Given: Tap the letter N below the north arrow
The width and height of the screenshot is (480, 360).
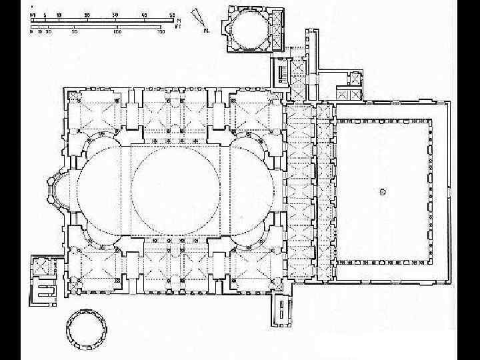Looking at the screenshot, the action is click(x=207, y=31).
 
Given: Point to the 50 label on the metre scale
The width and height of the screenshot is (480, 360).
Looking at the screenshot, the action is click(x=172, y=14).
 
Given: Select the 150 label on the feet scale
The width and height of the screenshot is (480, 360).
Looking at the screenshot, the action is click(x=161, y=31).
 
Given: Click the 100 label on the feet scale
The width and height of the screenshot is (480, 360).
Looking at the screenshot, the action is click(x=117, y=31).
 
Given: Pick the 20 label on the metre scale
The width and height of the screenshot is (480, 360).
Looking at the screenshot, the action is click(x=88, y=14).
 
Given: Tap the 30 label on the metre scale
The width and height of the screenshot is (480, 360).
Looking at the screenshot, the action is click(x=115, y=14).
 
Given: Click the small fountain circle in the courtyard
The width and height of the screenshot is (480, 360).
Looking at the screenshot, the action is click(x=383, y=191).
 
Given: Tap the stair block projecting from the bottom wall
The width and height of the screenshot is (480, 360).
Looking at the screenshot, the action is click(x=283, y=311).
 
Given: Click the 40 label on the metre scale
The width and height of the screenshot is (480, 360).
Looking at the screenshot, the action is click(x=144, y=14).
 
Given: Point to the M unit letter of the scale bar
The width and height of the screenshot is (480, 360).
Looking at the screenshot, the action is click(x=178, y=21).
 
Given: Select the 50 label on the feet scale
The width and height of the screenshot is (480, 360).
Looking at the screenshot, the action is click(x=74, y=31).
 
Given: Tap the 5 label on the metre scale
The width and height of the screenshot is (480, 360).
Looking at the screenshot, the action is click(x=45, y=14).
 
